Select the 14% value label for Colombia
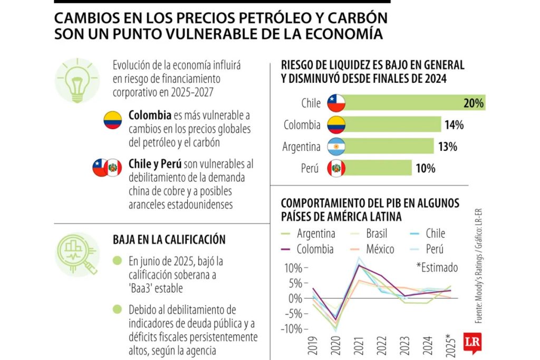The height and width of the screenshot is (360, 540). click(454, 125)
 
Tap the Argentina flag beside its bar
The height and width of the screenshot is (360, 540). click(336, 147)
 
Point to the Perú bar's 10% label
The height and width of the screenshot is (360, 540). click(425, 168)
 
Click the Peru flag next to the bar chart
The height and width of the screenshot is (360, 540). click(336, 168)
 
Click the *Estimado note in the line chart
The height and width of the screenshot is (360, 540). click(437, 267)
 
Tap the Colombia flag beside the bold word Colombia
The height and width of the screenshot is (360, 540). click(112, 120)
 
